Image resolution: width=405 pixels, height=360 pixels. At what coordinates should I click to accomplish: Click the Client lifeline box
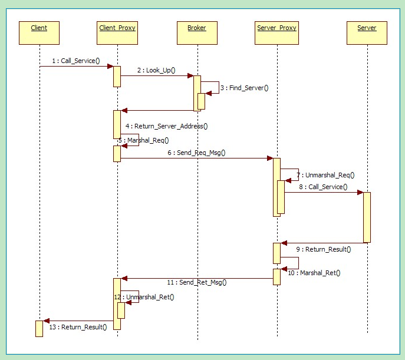(x=39, y=32)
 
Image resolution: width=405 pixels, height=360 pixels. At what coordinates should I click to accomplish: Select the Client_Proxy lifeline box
(x=117, y=32)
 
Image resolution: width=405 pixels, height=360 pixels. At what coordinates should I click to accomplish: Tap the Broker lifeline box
(x=197, y=32)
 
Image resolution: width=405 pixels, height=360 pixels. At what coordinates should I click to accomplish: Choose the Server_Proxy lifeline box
(x=276, y=32)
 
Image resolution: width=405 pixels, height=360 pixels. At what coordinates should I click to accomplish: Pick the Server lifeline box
(x=367, y=32)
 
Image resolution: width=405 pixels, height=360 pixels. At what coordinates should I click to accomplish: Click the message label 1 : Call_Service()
(x=76, y=61)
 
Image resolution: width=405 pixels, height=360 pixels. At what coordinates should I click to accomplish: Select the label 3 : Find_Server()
(x=243, y=88)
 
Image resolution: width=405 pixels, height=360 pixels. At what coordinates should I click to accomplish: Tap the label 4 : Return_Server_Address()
(x=167, y=126)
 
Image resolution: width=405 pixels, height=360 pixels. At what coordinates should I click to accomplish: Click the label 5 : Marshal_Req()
(x=144, y=140)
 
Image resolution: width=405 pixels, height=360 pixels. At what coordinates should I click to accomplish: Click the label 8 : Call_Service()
(x=322, y=187)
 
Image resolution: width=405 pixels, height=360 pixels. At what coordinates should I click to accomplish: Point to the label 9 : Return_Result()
(x=324, y=249)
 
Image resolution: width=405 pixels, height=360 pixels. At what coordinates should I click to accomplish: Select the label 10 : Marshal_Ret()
(x=315, y=273)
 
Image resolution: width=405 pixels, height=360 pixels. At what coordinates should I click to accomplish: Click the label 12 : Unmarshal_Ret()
(x=145, y=297)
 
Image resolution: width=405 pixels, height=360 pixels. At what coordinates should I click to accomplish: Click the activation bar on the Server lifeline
(x=367, y=217)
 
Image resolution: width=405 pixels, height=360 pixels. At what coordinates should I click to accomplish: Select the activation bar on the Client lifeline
(x=39, y=328)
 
